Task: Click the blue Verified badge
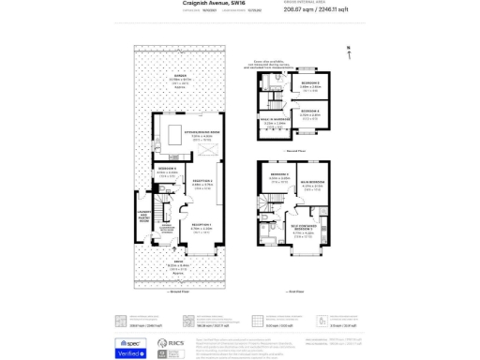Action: pyautogui.click(x=131, y=353)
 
